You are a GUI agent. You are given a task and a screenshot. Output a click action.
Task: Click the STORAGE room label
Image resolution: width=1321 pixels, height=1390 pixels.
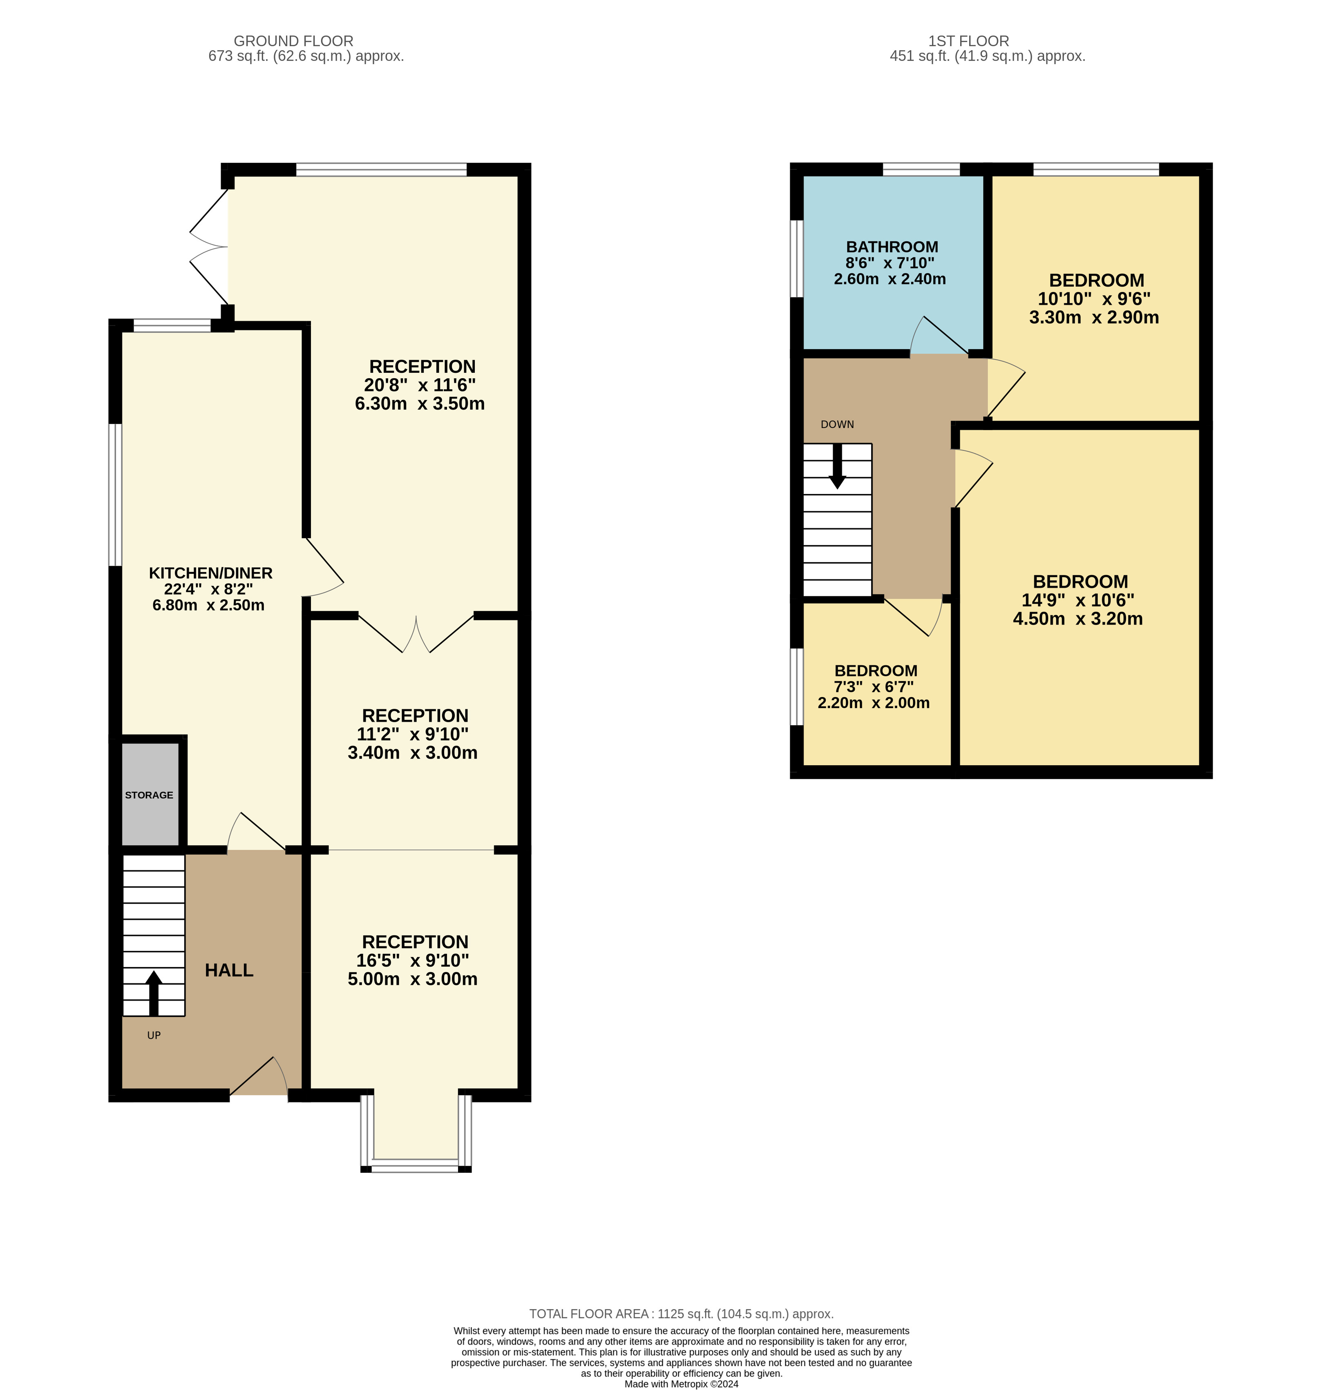pos(149,795)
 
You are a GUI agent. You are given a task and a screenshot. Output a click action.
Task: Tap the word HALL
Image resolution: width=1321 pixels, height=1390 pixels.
pos(229,971)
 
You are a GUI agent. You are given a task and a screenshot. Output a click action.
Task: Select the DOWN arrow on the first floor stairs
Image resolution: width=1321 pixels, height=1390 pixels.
pos(837,466)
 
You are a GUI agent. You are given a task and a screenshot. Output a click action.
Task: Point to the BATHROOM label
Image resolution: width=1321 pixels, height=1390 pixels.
pos(892,247)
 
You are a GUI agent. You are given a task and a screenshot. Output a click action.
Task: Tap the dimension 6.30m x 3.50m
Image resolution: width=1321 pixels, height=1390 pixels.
pos(420,404)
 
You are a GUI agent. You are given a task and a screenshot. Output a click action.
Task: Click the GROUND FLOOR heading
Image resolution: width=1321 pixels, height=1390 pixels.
pos(294,42)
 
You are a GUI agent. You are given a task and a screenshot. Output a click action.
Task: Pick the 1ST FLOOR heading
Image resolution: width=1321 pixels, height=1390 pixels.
pos(968,42)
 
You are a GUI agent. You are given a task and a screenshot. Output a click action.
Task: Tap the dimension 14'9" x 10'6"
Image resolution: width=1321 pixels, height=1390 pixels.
pos(1078,600)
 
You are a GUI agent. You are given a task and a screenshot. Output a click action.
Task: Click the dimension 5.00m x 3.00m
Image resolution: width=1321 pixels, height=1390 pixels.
pos(413,979)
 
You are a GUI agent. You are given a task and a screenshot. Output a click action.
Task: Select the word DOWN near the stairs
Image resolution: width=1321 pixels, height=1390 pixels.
pos(837,424)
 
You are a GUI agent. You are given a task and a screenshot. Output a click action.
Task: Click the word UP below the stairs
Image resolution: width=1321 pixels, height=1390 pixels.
pos(154,1035)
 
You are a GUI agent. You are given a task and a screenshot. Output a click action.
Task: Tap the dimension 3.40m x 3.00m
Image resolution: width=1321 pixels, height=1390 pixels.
pos(413,753)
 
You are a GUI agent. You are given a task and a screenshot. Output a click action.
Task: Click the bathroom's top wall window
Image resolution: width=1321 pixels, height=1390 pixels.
pos(921,169)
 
